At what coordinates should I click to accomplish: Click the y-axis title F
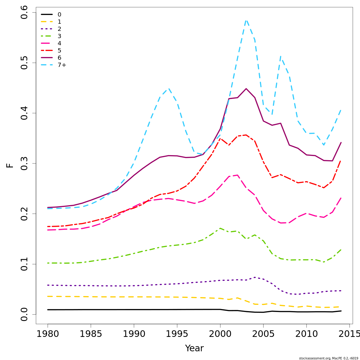click(x=10, y=165)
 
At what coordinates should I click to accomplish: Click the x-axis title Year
click(x=194, y=348)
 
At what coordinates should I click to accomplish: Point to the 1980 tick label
click(x=48, y=334)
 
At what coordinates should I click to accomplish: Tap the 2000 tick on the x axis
click(x=220, y=334)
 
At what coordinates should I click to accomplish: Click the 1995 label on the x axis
click(x=177, y=334)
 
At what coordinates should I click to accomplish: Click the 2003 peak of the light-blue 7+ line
click(x=246, y=20)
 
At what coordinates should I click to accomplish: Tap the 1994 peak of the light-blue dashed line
click(x=169, y=88)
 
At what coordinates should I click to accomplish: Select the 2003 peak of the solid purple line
click(x=246, y=89)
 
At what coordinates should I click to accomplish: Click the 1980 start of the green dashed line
click(x=48, y=263)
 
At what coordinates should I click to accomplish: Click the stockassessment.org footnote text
click(x=328, y=358)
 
